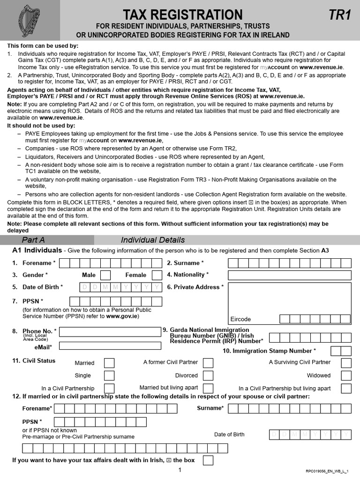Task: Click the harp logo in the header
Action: click(x=29, y=21)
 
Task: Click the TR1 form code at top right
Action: click(x=339, y=15)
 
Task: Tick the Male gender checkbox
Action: click(x=105, y=275)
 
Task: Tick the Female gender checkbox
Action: click(x=157, y=275)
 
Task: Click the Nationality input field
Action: click(x=289, y=275)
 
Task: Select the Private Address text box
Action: click(x=289, y=297)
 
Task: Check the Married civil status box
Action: click(x=109, y=363)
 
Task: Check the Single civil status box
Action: click(x=109, y=375)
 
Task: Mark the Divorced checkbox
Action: click(x=208, y=375)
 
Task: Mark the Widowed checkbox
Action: click(x=346, y=375)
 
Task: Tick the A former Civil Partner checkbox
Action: click(x=208, y=363)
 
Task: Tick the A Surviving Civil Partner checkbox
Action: click(x=346, y=363)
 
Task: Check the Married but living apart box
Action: click(x=208, y=388)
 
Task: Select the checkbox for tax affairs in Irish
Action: click(x=208, y=460)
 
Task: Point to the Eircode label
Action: click(x=240, y=319)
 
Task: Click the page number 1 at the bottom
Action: click(x=180, y=470)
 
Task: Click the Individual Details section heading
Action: click(x=153, y=240)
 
